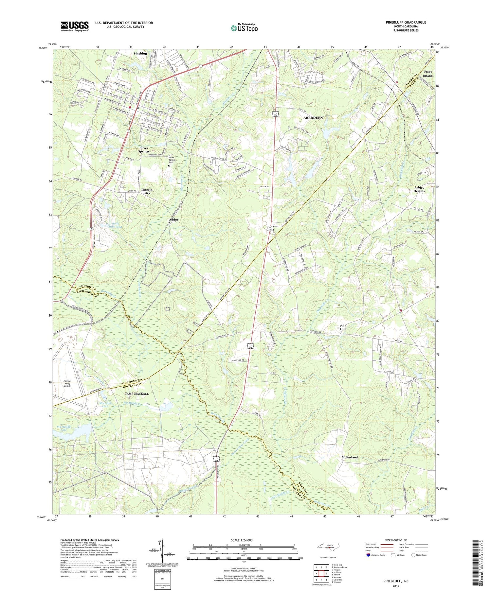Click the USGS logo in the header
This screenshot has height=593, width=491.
(x=75, y=26)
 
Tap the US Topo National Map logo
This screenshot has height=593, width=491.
(x=244, y=28)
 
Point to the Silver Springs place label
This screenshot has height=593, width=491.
(x=144, y=149)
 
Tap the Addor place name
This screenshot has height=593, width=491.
(x=173, y=219)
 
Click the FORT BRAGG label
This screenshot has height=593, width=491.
(x=428, y=74)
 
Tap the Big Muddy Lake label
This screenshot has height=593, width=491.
(x=64, y=428)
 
